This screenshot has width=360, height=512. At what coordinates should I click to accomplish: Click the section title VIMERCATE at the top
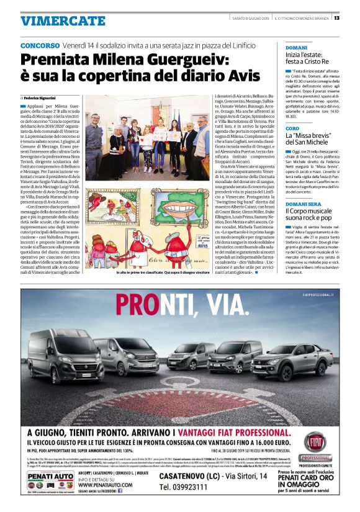click(55, 20)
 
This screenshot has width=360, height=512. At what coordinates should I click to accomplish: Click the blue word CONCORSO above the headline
click(40, 47)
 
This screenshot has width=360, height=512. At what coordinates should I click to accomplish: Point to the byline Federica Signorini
click(44, 98)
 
